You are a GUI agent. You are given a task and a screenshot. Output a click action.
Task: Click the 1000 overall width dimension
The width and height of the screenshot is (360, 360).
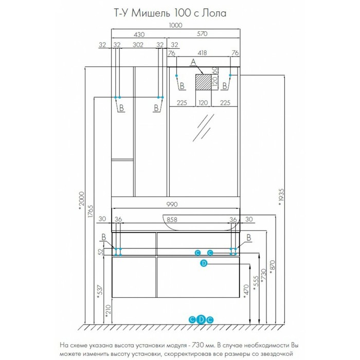176,25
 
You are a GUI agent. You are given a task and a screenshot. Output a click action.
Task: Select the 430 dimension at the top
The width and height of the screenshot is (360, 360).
139,34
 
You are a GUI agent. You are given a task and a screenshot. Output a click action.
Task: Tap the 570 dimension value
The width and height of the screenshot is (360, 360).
202,34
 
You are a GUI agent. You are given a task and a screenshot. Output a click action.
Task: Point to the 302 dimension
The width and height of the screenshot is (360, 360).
138,45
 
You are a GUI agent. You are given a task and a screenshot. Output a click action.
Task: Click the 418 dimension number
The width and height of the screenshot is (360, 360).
202,53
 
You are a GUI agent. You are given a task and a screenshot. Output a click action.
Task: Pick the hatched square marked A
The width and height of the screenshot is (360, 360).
203,82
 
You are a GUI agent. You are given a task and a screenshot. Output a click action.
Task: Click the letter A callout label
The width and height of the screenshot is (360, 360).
193,62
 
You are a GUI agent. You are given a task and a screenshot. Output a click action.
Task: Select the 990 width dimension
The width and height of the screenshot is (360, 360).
172,204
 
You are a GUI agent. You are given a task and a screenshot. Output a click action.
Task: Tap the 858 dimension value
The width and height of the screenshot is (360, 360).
172,220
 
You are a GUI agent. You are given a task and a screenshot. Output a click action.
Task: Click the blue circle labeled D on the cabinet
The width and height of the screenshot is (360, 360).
204,263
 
